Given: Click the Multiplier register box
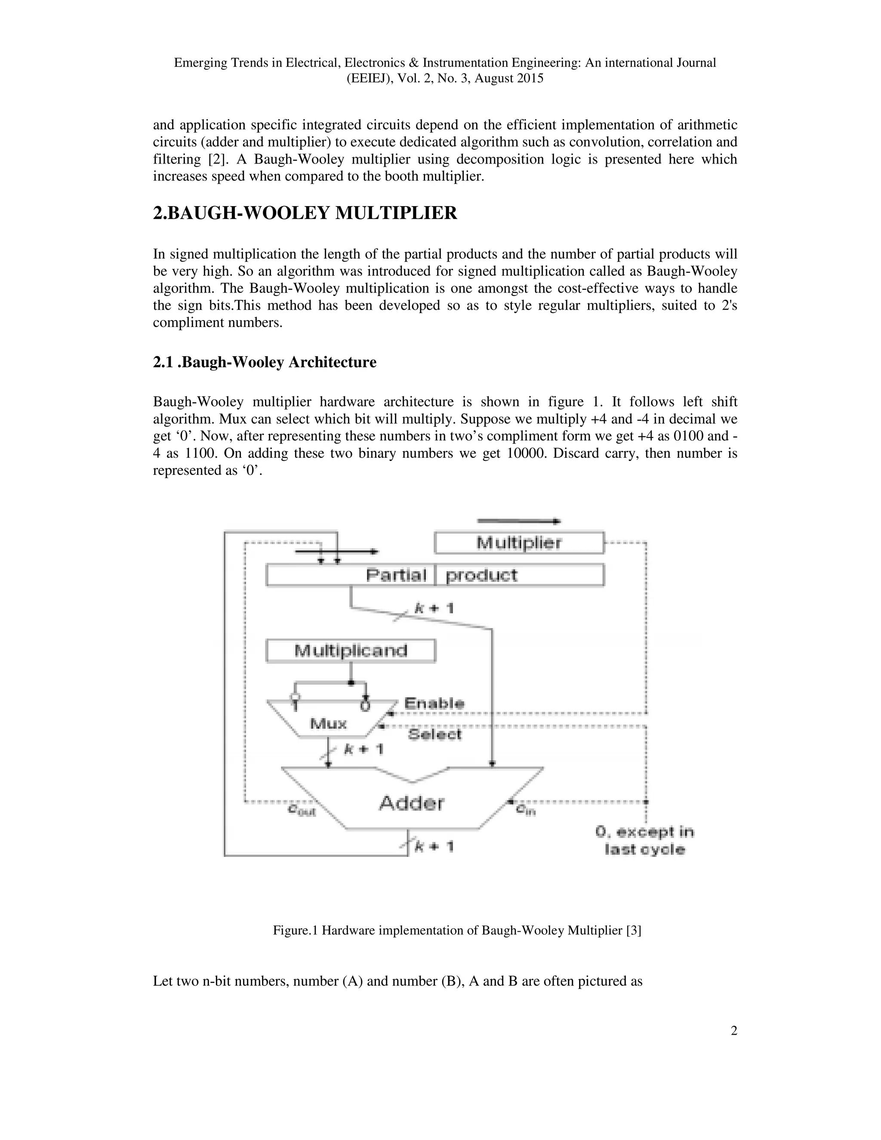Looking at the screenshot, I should pyautogui.click(x=519, y=543).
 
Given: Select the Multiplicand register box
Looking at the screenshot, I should pyautogui.click(x=351, y=651).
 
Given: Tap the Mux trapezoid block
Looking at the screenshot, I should pyautogui.click(x=329, y=723).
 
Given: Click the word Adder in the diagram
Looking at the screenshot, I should pyautogui.click(x=411, y=803).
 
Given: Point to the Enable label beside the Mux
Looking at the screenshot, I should pyautogui.click(x=434, y=703).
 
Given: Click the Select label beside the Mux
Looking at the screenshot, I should pyautogui.click(x=434, y=734).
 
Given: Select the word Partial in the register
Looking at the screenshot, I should pyautogui.click(x=396, y=575).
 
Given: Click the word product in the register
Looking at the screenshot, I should pyautogui.click(x=481, y=575).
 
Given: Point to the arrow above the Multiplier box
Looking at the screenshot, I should pyautogui.click(x=519, y=521).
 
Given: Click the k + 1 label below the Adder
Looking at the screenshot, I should pyautogui.click(x=434, y=846).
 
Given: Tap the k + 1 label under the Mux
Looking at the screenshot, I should pyautogui.click(x=364, y=749).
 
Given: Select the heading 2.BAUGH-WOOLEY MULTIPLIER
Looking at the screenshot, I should pyautogui.click(x=305, y=213).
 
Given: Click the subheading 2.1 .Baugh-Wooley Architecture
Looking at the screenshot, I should pyautogui.click(x=264, y=362).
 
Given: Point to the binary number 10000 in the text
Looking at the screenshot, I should pyautogui.click(x=527, y=453).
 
